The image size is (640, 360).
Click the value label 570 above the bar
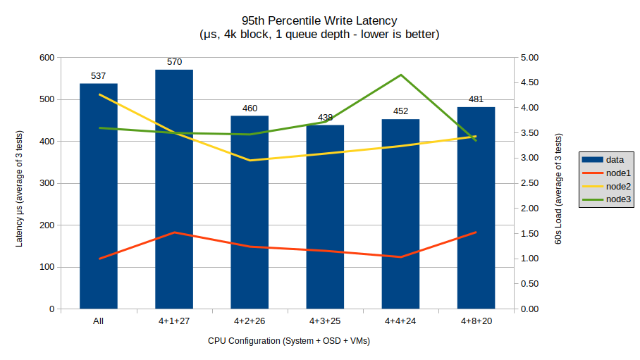tap(174, 62)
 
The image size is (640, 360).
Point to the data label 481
tap(476, 99)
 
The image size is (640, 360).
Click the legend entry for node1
tap(605, 173)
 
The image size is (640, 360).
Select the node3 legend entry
tap(605, 199)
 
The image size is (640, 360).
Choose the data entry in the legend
tap(605, 160)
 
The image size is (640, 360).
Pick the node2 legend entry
tap(605, 186)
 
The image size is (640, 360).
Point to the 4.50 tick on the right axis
tap(528, 82)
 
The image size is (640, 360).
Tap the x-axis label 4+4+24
tap(400, 321)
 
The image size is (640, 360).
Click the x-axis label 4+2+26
tap(250, 321)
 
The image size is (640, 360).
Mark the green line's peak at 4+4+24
tap(400, 75)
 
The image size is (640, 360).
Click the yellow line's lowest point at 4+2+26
tap(250, 161)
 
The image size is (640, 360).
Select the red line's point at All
tap(99, 259)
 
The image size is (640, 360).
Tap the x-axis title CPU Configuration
tap(288, 341)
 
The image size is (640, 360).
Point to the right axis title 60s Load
tap(558, 190)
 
